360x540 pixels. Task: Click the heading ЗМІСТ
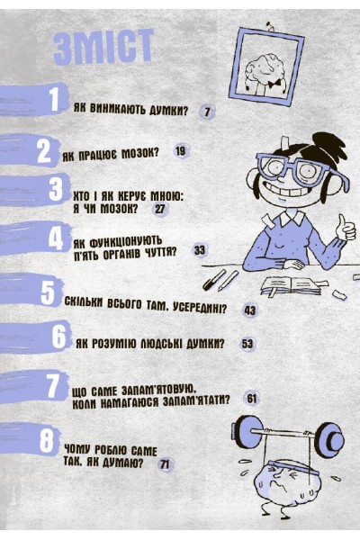point(103,47)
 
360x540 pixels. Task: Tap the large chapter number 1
point(54,100)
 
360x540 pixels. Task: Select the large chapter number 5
point(48,293)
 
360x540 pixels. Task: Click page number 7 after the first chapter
point(207,112)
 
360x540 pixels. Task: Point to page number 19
point(180,151)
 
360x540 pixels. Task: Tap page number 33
point(200,250)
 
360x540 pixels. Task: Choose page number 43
point(250,310)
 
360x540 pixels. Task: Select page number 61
point(252,399)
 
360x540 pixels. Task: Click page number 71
point(165,464)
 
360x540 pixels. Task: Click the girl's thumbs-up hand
point(346,229)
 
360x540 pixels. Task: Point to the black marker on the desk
point(213,280)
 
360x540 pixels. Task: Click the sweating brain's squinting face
point(283,480)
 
